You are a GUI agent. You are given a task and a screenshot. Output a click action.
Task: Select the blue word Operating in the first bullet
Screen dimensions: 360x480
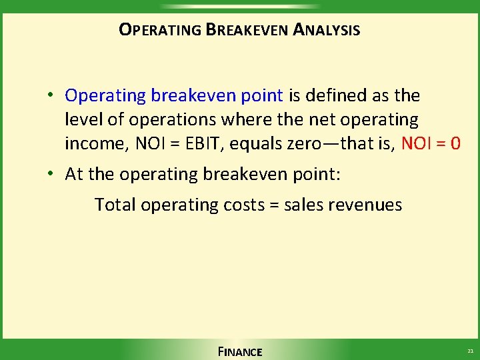click(105, 96)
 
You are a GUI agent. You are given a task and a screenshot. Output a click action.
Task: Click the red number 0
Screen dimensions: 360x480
click(455, 144)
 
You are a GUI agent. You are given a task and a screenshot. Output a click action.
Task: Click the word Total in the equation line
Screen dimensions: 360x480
click(115, 205)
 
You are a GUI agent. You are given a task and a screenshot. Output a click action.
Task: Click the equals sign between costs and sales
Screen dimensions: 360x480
click(274, 205)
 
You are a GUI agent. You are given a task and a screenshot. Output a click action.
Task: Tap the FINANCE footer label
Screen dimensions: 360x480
click(239, 351)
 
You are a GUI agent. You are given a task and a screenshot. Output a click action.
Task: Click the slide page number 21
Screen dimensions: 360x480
click(469, 351)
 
